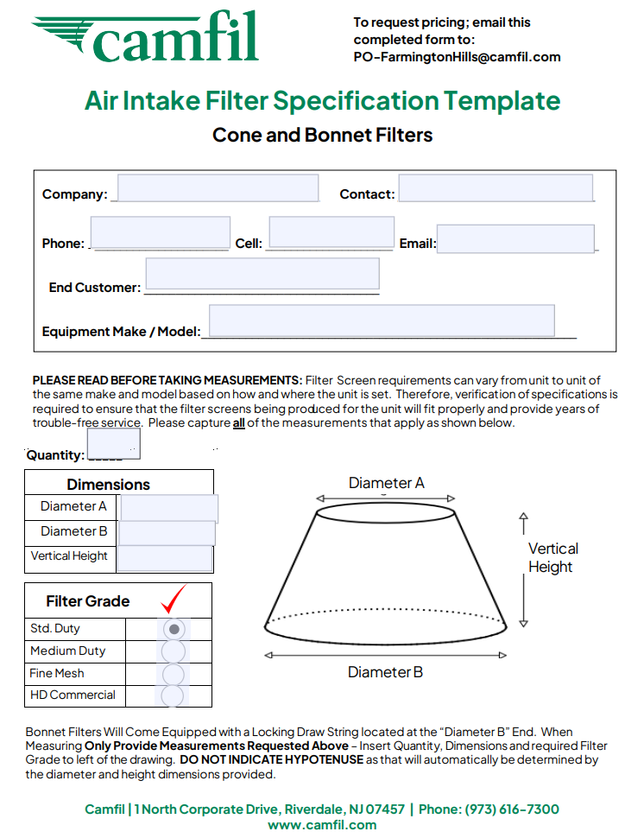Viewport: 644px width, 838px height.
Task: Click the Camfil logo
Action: pyautogui.click(x=147, y=36)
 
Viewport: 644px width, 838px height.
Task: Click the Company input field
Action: pyautogui.click(x=218, y=188)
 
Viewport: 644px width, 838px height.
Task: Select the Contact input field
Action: pyautogui.click(x=496, y=188)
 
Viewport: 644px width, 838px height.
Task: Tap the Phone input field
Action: pyautogui.click(x=160, y=233)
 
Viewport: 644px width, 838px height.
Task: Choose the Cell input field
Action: pyautogui.click(x=331, y=232)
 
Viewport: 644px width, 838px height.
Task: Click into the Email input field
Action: pyautogui.click(x=515, y=238)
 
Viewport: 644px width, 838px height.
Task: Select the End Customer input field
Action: pyautogui.click(x=262, y=274)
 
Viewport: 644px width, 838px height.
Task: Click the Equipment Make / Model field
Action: pyautogui.click(x=382, y=321)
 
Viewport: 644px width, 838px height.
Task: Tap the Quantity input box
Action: pyautogui.click(x=113, y=443)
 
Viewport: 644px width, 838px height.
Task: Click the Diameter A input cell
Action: pyautogui.click(x=169, y=508)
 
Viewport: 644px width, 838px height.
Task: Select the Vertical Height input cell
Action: pyautogui.click(x=165, y=558)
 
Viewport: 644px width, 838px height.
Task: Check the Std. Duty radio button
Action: pyautogui.click(x=174, y=629)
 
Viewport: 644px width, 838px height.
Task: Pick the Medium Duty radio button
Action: pyautogui.click(x=174, y=651)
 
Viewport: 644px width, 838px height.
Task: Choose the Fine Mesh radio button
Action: pyautogui.click(x=174, y=674)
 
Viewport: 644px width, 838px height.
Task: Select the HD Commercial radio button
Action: pyautogui.click(x=174, y=695)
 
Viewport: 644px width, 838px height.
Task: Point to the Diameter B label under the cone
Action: pyautogui.click(x=385, y=672)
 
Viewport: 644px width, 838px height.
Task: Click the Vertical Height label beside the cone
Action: pyautogui.click(x=552, y=558)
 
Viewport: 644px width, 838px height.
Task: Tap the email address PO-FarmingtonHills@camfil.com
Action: pyautogui.click(x=457, y=57)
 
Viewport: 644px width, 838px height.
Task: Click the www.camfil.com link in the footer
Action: pyautogui.click(x=322, y=824)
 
